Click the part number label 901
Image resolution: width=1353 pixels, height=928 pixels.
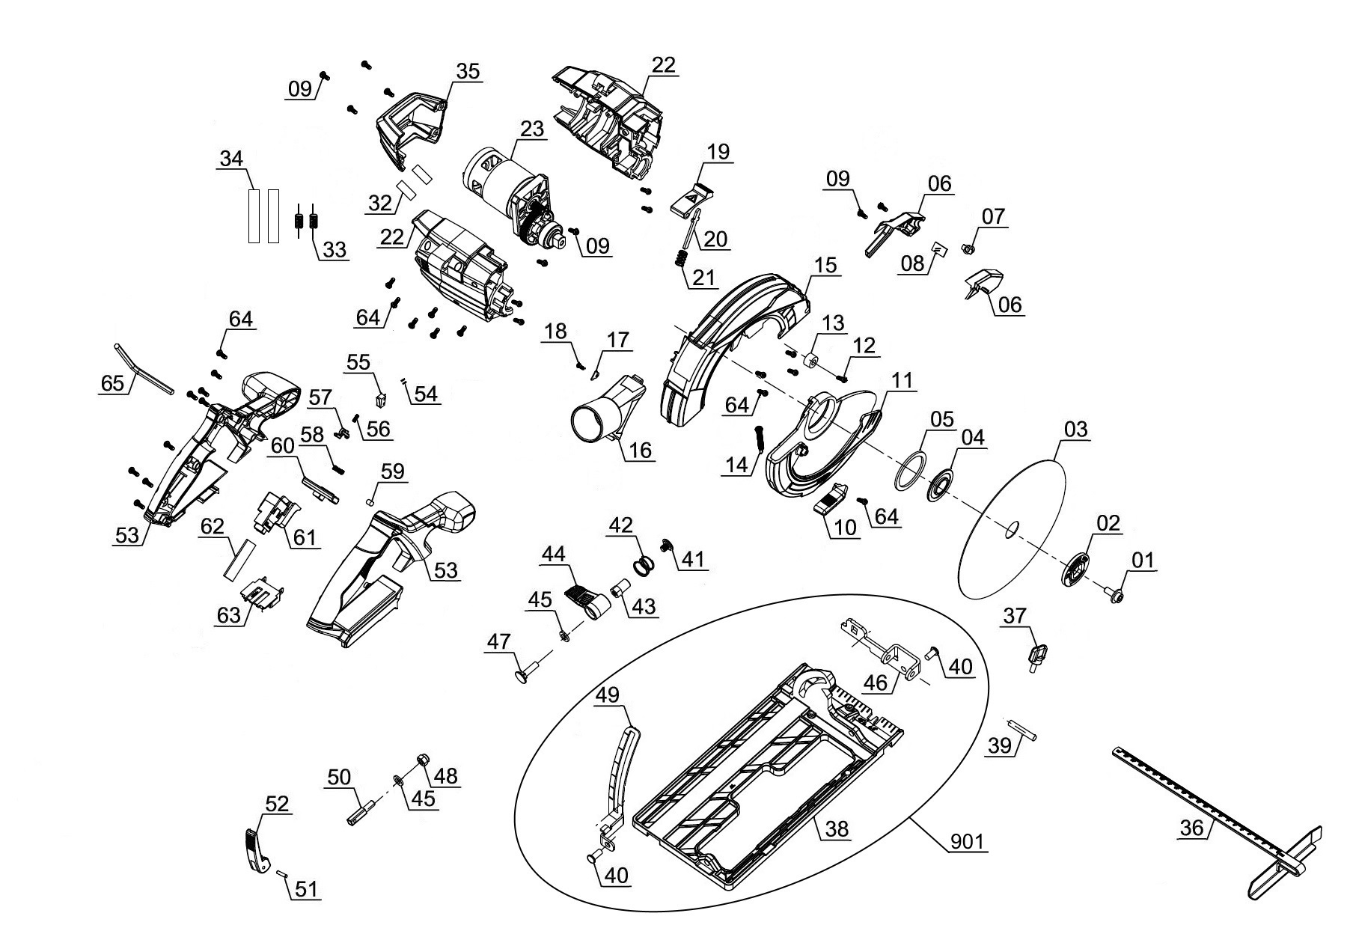coord(967,841)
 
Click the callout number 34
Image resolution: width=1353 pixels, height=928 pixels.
coord(232,159)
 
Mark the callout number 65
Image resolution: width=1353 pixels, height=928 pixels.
coord(112,383)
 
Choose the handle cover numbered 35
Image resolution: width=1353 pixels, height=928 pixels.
coord(412,123)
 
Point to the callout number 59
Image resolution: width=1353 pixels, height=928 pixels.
coord(392,471)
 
